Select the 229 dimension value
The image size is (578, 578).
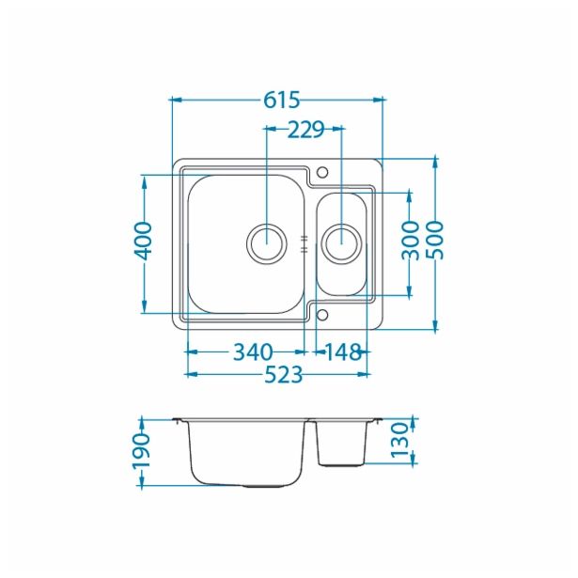click(x=305, y=130)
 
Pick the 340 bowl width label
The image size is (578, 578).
click(x=252, y=352)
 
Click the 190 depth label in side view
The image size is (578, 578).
click(x=141, y=452)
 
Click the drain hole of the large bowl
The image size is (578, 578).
click(x=266, y=242)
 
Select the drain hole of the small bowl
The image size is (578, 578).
click(x=340, y=242)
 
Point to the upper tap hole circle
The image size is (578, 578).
click(x=322, y=173)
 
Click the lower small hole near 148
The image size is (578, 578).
click(x=322, y=314)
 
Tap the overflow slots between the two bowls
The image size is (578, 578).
click(x=305, y=243)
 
